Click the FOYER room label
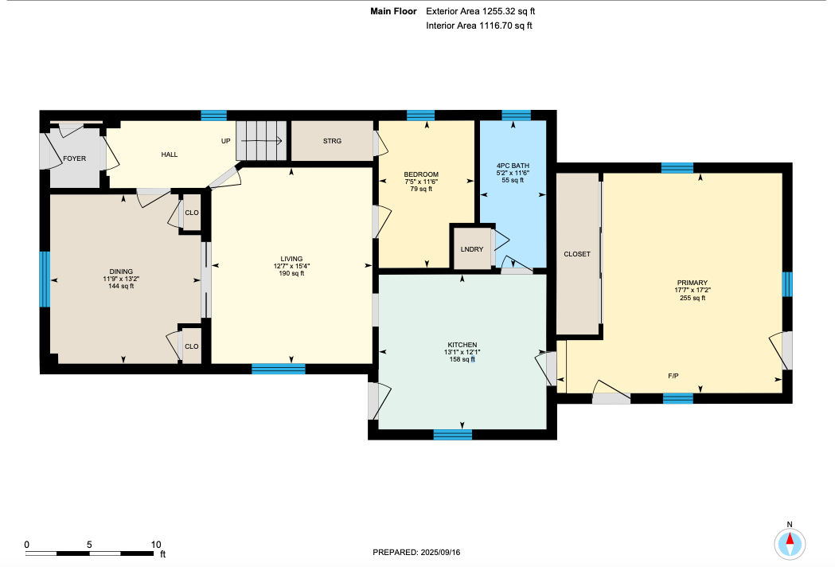click(x=75, y=158)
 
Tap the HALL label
click(x=170, y=154)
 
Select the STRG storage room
click(x=332, y=141)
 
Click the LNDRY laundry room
click(x=472, y=249)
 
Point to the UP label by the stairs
click(x=226, y=141)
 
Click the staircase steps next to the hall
click(x=261, y=141)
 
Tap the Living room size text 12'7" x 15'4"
click(x=292, y=266)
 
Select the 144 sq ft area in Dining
click(x=122, y=286)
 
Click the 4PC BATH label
click(x=513, y=166)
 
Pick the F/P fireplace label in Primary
click(x=673, y=376)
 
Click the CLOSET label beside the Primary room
click(x=577, y=254)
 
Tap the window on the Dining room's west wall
click(x=45, y=280)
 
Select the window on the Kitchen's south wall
click(x=453, y=434)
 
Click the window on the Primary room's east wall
click(x=787, y=284)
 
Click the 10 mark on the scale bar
click(x=156, y=545)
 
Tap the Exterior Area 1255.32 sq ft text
click(x=480, y=11)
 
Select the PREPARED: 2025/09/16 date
click(x=416, y=552)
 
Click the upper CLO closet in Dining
click(x=192, y=213)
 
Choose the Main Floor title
click(x=393, y=11)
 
